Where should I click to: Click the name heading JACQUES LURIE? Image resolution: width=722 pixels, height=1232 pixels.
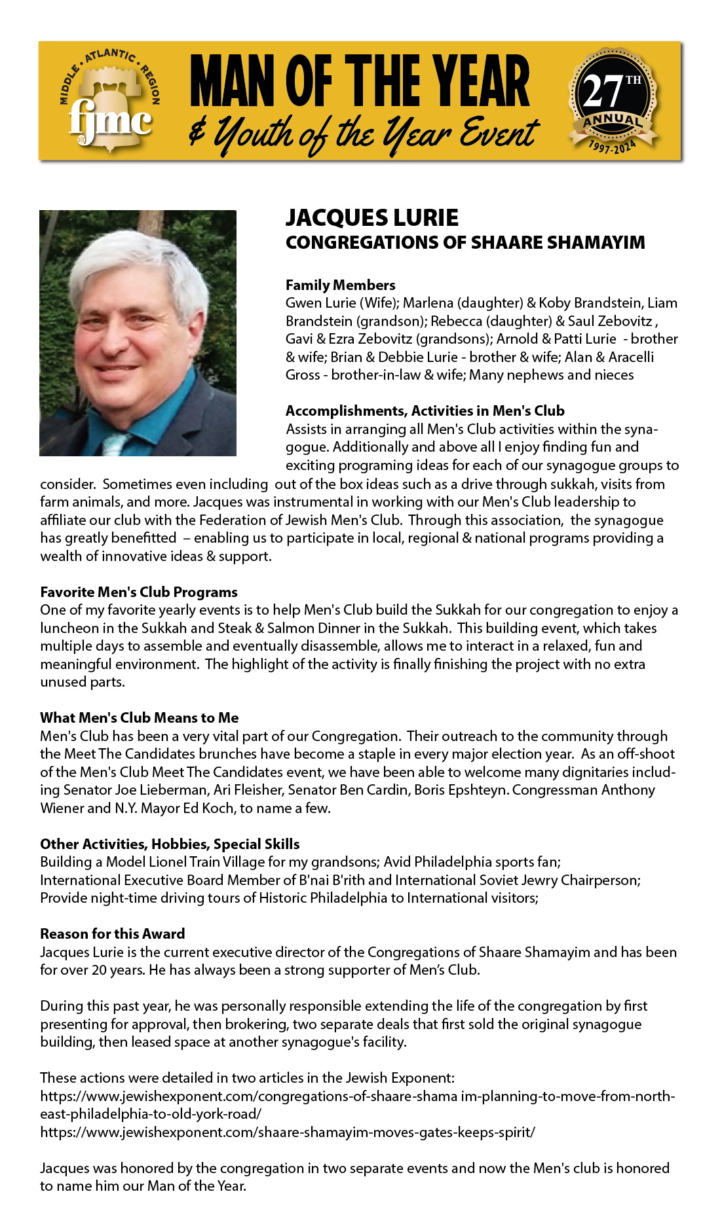tap(371, 218)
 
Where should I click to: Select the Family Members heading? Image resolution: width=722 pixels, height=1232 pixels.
tap(340, 285)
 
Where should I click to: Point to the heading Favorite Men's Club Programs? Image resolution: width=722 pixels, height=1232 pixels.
tap(138, 592)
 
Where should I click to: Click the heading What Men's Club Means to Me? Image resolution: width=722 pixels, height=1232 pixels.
tap(139, 717)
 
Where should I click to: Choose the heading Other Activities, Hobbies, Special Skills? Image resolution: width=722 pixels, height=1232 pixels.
tap(170, 844)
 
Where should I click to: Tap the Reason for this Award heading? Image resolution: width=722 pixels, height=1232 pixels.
tap(112, 933)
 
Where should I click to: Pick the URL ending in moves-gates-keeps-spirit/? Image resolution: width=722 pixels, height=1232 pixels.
tap(287, 1131)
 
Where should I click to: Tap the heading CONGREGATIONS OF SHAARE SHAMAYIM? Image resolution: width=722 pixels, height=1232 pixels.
tap(465, 243)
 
